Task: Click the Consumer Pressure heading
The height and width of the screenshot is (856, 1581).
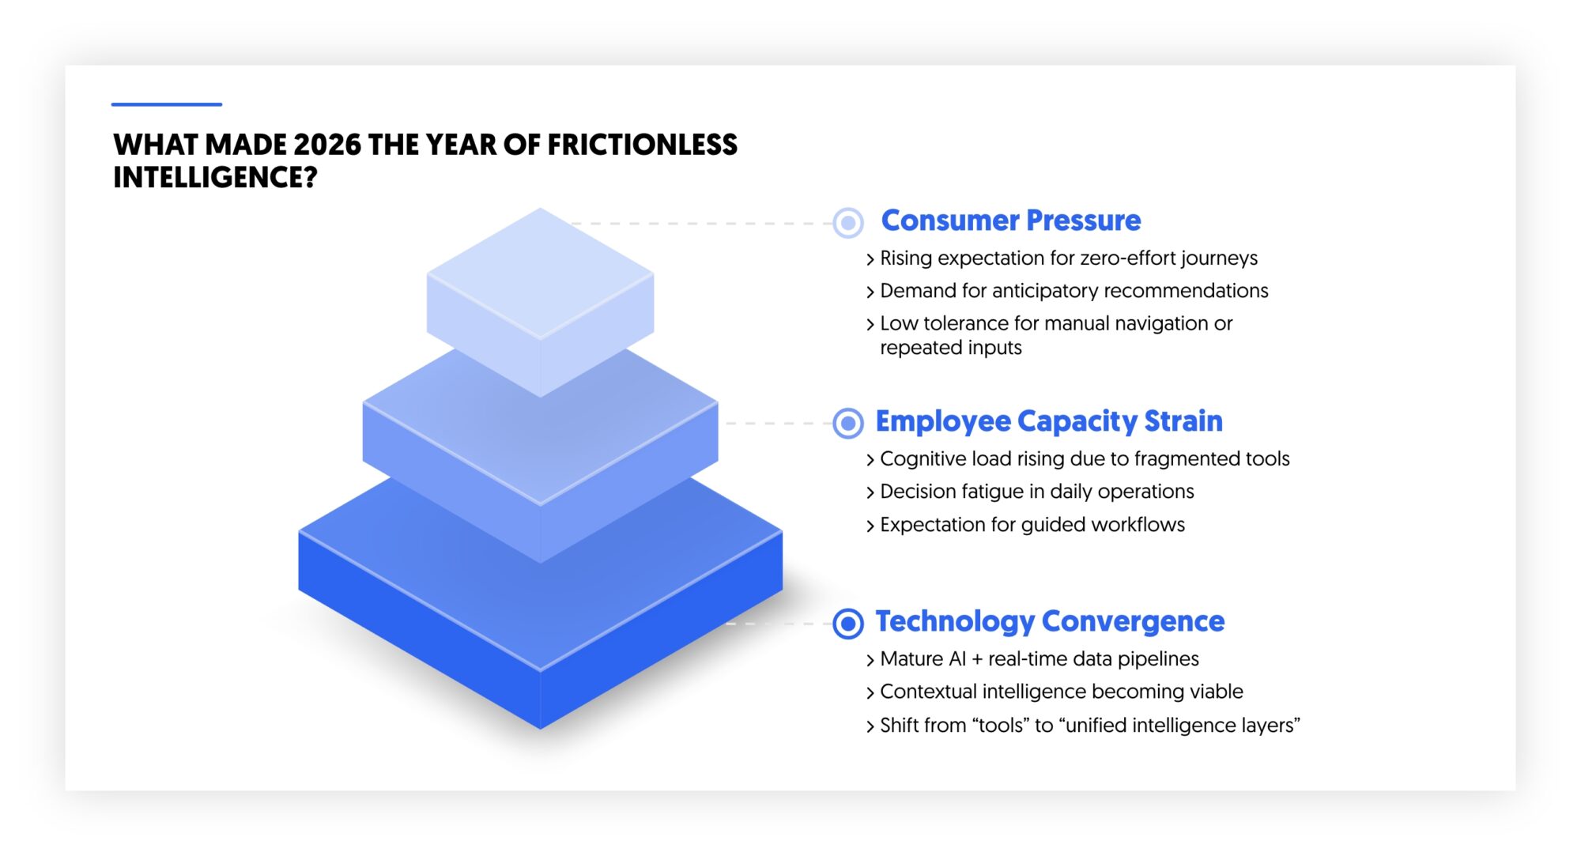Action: [1010, 221]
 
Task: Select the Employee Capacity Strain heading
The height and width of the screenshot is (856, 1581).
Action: [1048, 421]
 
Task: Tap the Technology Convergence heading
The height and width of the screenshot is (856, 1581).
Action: [1049, 621]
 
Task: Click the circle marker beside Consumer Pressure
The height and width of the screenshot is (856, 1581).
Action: [848, 223]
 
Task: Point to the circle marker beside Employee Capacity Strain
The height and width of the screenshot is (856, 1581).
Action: [848, 424]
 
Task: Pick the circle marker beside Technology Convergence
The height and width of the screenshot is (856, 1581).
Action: [848, 624]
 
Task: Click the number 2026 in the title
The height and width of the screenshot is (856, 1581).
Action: [326, 145]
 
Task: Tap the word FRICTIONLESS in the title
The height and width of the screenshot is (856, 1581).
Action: [642, 145]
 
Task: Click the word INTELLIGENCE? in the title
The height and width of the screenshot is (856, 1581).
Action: [215, 178]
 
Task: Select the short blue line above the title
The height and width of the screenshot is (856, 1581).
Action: [166, 104]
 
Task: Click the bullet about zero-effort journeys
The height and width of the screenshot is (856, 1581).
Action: [1068, 258]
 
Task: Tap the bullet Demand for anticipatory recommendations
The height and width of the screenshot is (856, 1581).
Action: [1073, 291]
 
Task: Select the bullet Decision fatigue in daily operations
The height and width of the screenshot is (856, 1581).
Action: [1036, 492]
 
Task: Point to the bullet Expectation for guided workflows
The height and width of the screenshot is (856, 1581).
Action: [1032, 525]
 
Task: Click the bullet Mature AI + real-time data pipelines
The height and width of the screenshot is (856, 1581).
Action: [1039, 659]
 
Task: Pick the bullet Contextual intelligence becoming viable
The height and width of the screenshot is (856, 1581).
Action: [1061, 692]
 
